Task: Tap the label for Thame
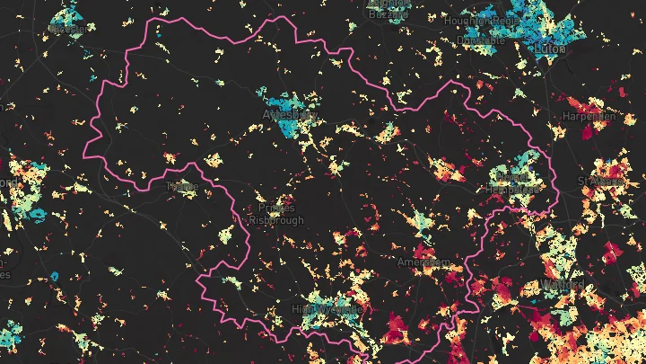pos(182,187)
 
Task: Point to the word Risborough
pos(276,220)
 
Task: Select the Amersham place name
pos(423,262)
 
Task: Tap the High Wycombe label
pos(327,309)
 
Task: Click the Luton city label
pos(550,49)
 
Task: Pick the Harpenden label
pos(589,117)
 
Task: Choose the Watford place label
pos(563,285)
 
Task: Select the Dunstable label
pos(481,40)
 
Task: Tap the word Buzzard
pos(388,15)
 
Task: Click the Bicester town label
pos(67,29)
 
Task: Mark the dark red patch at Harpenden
pos(589,131)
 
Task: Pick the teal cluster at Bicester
pos(65,17)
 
